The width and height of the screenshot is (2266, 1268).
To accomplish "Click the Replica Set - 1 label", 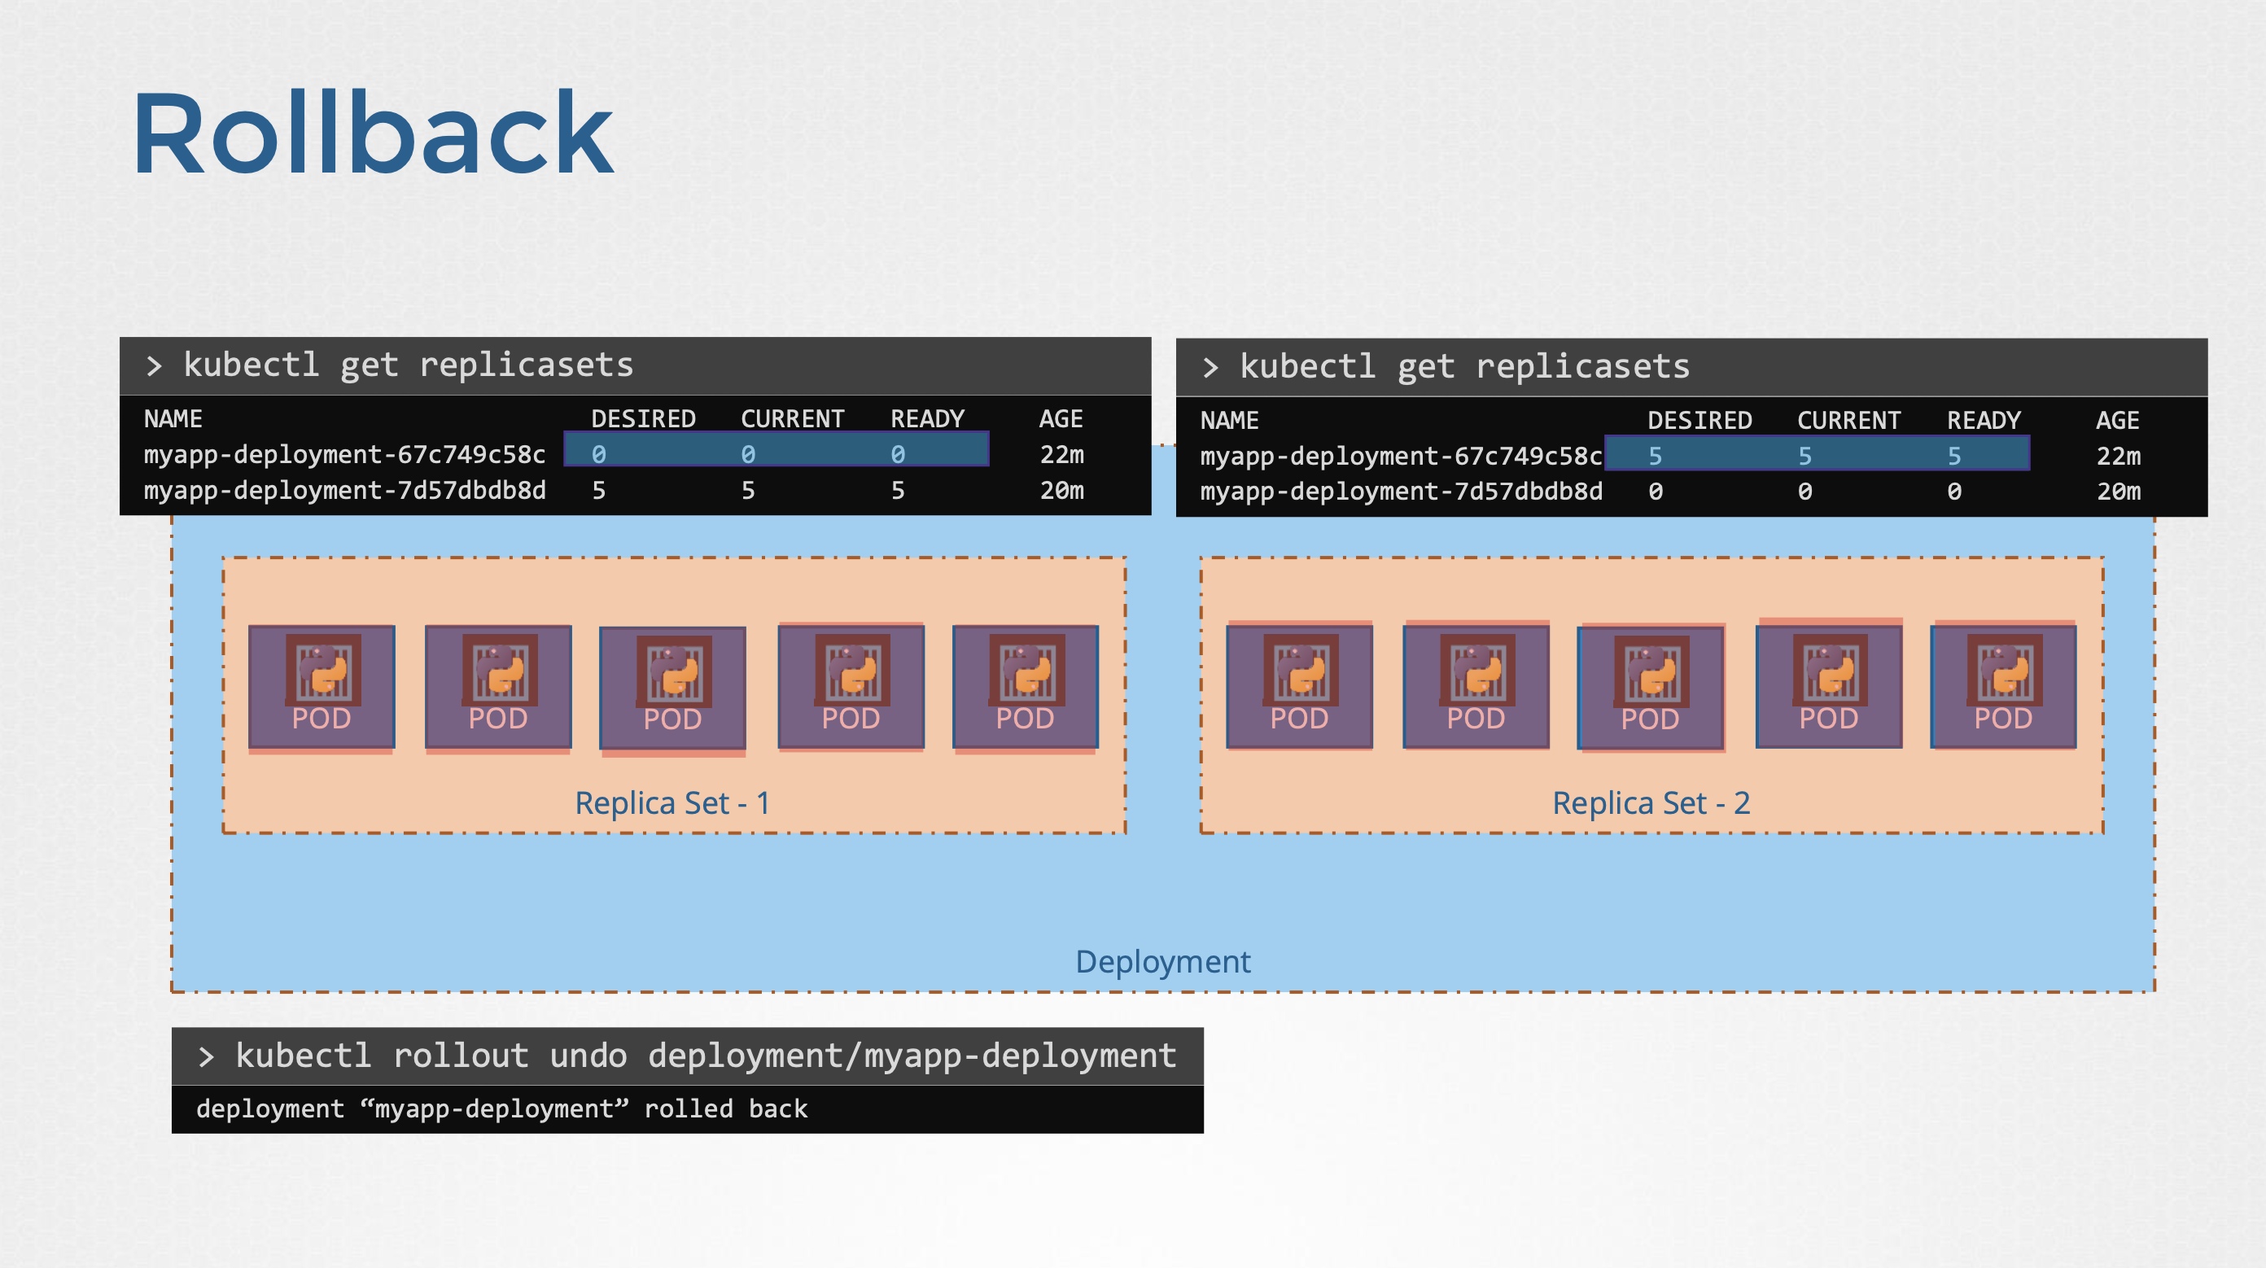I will pyautogui.click(x=672, y=802).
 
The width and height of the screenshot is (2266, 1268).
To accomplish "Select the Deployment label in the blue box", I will pyautogui.click(x=1162, y=961).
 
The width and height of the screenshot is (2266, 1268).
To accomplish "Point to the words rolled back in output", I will pyautogui.click(x=725, y=1108).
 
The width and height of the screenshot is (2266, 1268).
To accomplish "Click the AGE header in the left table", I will pyautogui.click(x=1060, y=418).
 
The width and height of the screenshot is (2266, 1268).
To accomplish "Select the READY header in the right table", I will pyautogui.click(x=1983, y=420).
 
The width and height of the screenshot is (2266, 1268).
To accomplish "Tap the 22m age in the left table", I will pyautogui.click(x=1061, y=455).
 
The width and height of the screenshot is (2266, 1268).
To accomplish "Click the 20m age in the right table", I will pyautogui.click(x=2117, y=492).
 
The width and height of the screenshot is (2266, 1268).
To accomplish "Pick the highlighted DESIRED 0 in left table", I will pyautogui.click(x=598, y=455).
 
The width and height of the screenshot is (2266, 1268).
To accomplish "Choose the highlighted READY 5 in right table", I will pyautogui.click(x=1953, y=456).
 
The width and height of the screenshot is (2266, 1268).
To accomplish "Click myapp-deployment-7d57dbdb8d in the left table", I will pyautogui.click(x=345, y=490).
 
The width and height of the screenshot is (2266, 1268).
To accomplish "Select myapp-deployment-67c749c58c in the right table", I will pyautogui.click(x=1401, y=456).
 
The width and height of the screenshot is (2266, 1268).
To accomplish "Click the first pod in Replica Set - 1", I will pyautogui.click(x=322, y=687).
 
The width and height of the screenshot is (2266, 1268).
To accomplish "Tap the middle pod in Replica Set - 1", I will pyautogui.click(x=673, y=688).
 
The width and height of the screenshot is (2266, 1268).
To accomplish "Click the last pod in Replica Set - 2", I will pyautogui.click(x=2003, y=687).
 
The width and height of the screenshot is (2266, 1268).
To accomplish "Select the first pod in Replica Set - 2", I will pyautogui.click(x=1299, y=687).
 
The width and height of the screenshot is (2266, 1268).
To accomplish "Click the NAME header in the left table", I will pyautogui.click(x=173, y=418).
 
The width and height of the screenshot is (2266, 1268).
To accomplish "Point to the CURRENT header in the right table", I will pyautogui.click(x=1848, y=420).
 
